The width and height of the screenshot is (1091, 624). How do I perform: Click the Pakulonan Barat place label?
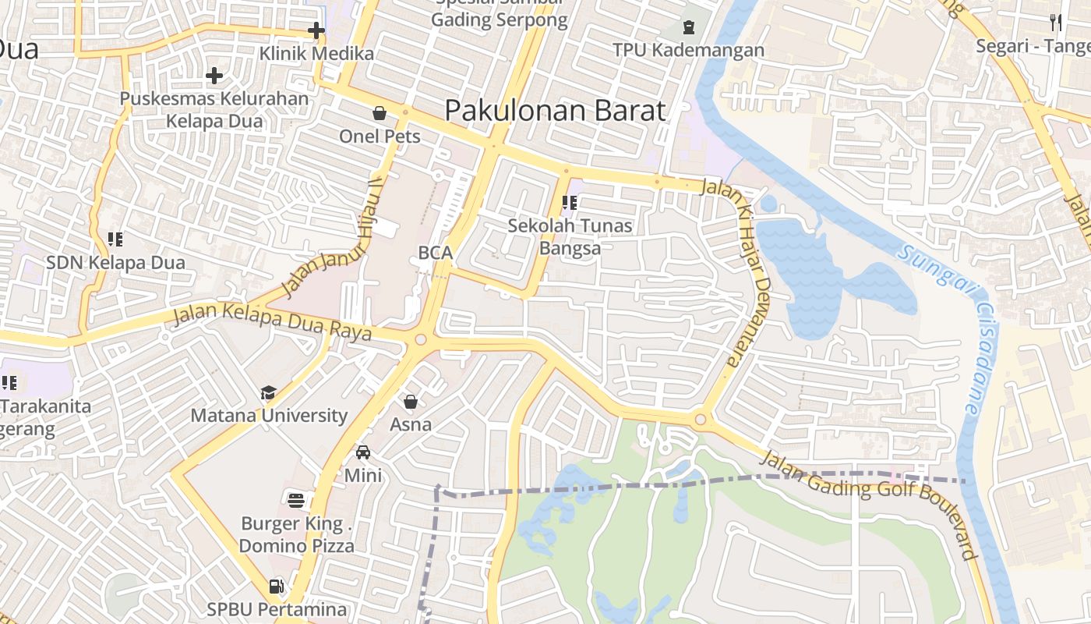point(555,111)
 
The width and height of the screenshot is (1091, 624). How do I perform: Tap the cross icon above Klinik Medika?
point(316,31)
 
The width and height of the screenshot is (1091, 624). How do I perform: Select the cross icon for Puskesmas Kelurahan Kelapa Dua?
point(214,76)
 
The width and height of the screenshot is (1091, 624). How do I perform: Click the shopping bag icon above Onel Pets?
point(380,114)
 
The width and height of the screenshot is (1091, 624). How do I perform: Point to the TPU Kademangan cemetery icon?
point(688,28)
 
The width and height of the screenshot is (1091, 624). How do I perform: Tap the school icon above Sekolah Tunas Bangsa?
point(570,204)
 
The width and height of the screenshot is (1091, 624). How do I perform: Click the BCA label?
point(435,253)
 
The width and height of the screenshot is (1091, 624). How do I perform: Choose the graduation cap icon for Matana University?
point(269,392)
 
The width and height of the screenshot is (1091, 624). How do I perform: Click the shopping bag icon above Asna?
point(411,402)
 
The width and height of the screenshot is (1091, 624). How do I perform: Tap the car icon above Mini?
point(363,452)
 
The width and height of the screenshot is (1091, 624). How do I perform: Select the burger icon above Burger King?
point(296,500)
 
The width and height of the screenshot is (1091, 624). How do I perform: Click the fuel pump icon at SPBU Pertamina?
point(276,586)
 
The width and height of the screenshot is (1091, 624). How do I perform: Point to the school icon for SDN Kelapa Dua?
point(115,239)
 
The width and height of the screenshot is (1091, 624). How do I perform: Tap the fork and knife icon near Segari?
point(1056,23)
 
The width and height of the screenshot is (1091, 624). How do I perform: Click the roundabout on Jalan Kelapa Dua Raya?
point(421,339)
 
